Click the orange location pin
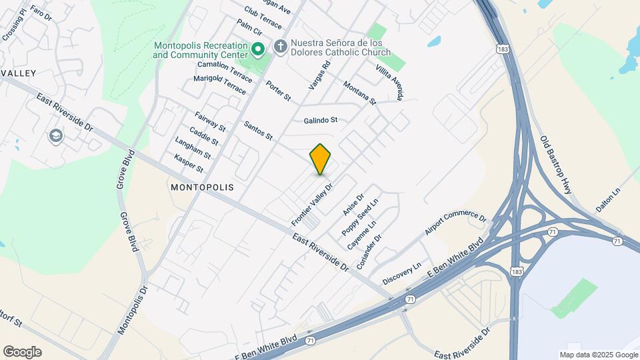321,159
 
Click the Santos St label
259,131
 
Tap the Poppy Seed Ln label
360,216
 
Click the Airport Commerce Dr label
456,224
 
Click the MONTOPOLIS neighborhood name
202,187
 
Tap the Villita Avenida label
389,83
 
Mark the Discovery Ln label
403,273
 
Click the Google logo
22,352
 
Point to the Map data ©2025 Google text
598,355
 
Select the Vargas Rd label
319,76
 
